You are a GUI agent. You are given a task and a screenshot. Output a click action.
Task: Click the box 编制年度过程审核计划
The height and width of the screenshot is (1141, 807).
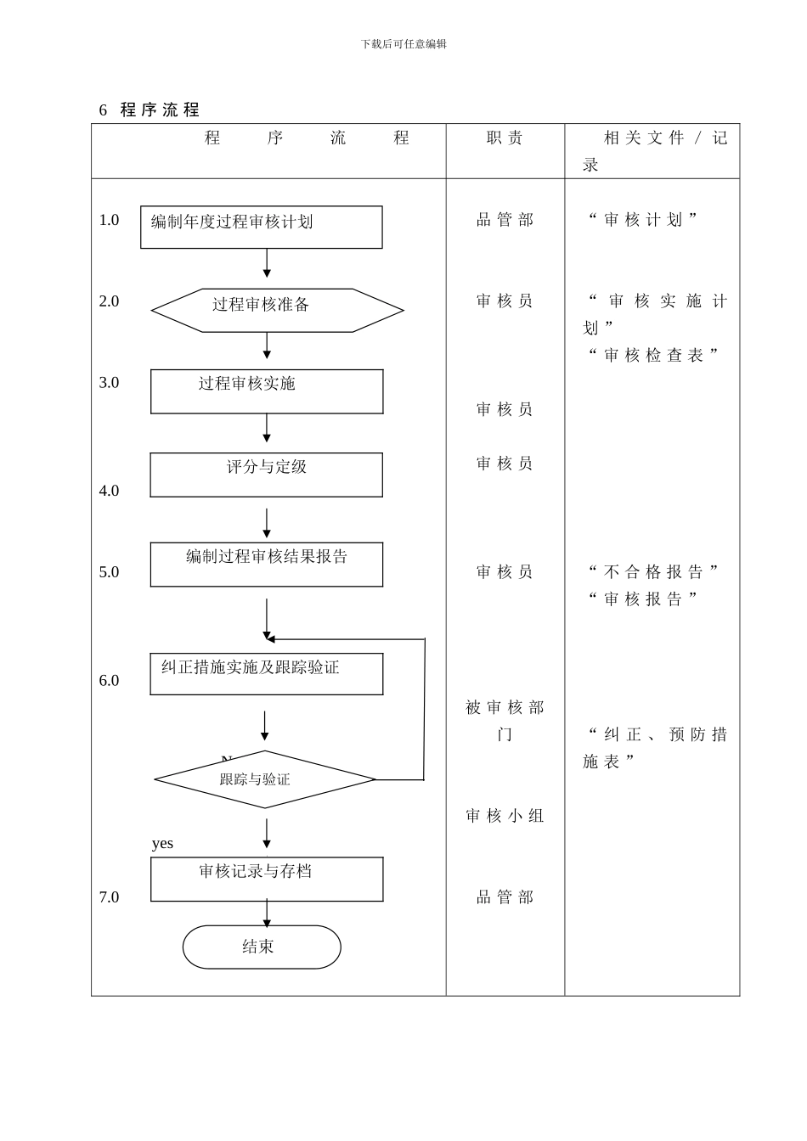point(261,227)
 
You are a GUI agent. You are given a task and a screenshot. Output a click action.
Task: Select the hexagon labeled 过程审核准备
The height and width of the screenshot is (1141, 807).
point(277,310)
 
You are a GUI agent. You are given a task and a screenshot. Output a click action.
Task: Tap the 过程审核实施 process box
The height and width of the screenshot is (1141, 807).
point(267,391)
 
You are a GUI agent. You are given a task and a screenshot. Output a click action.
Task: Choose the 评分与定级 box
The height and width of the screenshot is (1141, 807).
point(266,475)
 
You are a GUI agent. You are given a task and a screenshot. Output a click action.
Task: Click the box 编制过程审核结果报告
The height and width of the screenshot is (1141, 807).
point(266,565)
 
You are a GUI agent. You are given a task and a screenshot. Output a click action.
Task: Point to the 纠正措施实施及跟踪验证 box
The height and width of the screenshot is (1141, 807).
point(266,674)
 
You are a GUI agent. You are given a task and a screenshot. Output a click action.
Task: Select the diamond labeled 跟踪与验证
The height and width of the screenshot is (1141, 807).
point(264,779)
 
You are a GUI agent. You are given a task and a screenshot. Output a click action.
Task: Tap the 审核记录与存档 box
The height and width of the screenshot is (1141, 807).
point(267,879)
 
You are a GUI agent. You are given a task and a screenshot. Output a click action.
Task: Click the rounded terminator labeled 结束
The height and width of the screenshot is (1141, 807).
point(262,947)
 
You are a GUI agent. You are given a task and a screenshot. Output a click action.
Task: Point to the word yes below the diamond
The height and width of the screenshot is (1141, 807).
point(162,843)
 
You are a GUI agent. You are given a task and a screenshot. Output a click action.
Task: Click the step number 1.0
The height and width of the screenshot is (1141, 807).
point(109,220)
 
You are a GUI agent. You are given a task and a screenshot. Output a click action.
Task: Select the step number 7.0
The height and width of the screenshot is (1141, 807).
point(109,897)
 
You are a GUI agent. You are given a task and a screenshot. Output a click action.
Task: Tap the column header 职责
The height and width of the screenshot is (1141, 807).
point(505,138)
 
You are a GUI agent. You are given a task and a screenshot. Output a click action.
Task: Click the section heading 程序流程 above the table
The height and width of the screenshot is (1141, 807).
point(160,110)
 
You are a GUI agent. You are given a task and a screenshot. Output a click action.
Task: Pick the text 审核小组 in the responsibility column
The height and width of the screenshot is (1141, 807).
point(505,816)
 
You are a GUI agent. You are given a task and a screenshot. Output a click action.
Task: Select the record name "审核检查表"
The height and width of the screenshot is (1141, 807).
point(653,355)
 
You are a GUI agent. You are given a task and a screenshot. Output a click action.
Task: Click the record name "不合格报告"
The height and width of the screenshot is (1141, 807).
point(653,571)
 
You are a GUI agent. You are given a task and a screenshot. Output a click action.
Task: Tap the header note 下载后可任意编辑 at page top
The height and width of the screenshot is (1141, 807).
point(403,44)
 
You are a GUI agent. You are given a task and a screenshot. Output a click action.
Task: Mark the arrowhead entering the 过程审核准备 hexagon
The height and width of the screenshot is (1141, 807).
point(267,273)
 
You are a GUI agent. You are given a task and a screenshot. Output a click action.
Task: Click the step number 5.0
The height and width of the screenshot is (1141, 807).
point(109,572)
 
